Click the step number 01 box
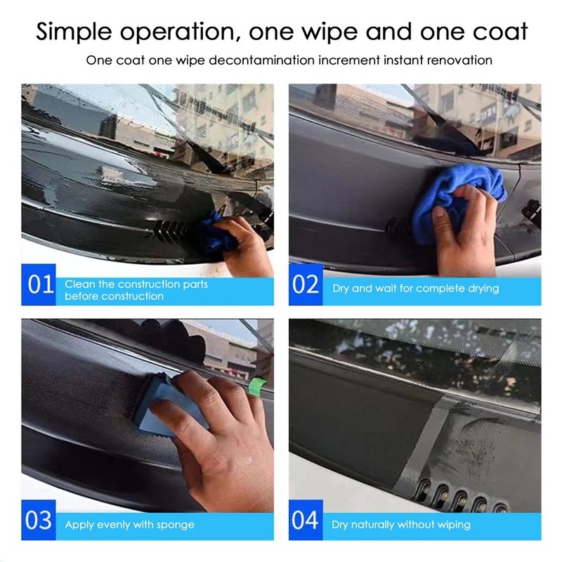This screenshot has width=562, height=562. pyautogui.click(x=39, y=285)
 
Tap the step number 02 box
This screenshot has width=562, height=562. pyautogui.click(x=306, y=285)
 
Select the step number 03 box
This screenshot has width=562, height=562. pyautogui.click(x=39, y=520)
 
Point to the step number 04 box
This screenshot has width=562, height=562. pyautogui.click(x=306, y=520)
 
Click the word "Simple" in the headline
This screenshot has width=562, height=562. pyautogui.click(x=74, y=32)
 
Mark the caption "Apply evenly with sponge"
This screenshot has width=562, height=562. pyautogui.click(x=130, y=525)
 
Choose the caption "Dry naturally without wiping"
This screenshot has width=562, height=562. pyautogui.click(x=401, y=525)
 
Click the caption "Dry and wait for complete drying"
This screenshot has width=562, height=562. pyautogui.click(x=416, y=289)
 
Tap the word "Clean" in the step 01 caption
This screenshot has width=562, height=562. pyautogui.click(x=80, y=285)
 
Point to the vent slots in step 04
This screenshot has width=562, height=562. pyautogui.click(x=462, y=497)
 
